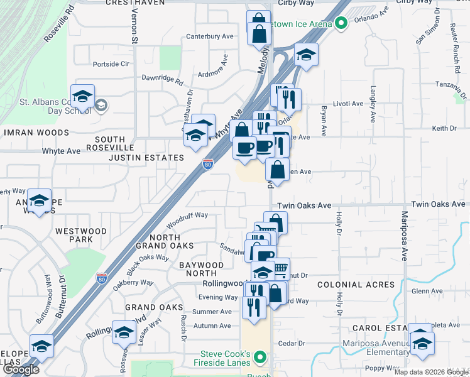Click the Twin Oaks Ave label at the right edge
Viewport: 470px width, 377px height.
[440, 205]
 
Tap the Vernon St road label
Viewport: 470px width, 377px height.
[134, 30]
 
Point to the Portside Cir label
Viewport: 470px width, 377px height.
[111, 63]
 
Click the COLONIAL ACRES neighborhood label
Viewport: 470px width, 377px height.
[356, 285]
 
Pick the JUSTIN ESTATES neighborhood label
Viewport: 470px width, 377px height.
[146, 158]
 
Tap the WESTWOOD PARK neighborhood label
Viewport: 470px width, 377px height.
[81, 236]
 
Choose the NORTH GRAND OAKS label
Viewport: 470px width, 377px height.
[157, 241]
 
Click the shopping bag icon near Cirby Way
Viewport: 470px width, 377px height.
[259, 29]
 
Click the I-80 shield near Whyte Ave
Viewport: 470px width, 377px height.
[208, 165]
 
